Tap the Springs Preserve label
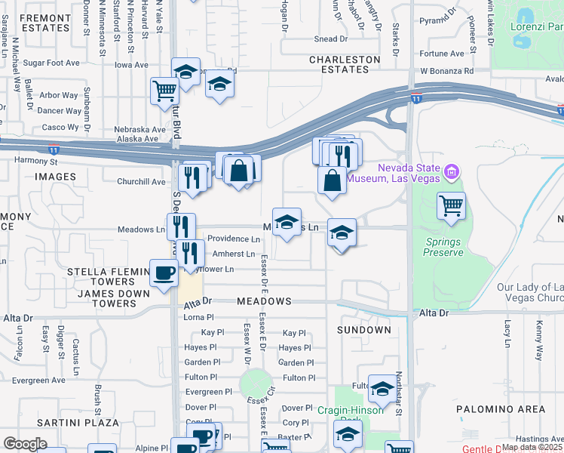click(x=443, y=247)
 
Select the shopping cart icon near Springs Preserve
click(x=451, y=205)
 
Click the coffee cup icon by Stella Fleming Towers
click(x=164, y=273)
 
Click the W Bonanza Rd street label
click(x=446, y=71)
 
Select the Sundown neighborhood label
click(x=364, y=330)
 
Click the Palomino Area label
click(x=501, y=409)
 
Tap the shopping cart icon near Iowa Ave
click(x=164, y=91)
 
